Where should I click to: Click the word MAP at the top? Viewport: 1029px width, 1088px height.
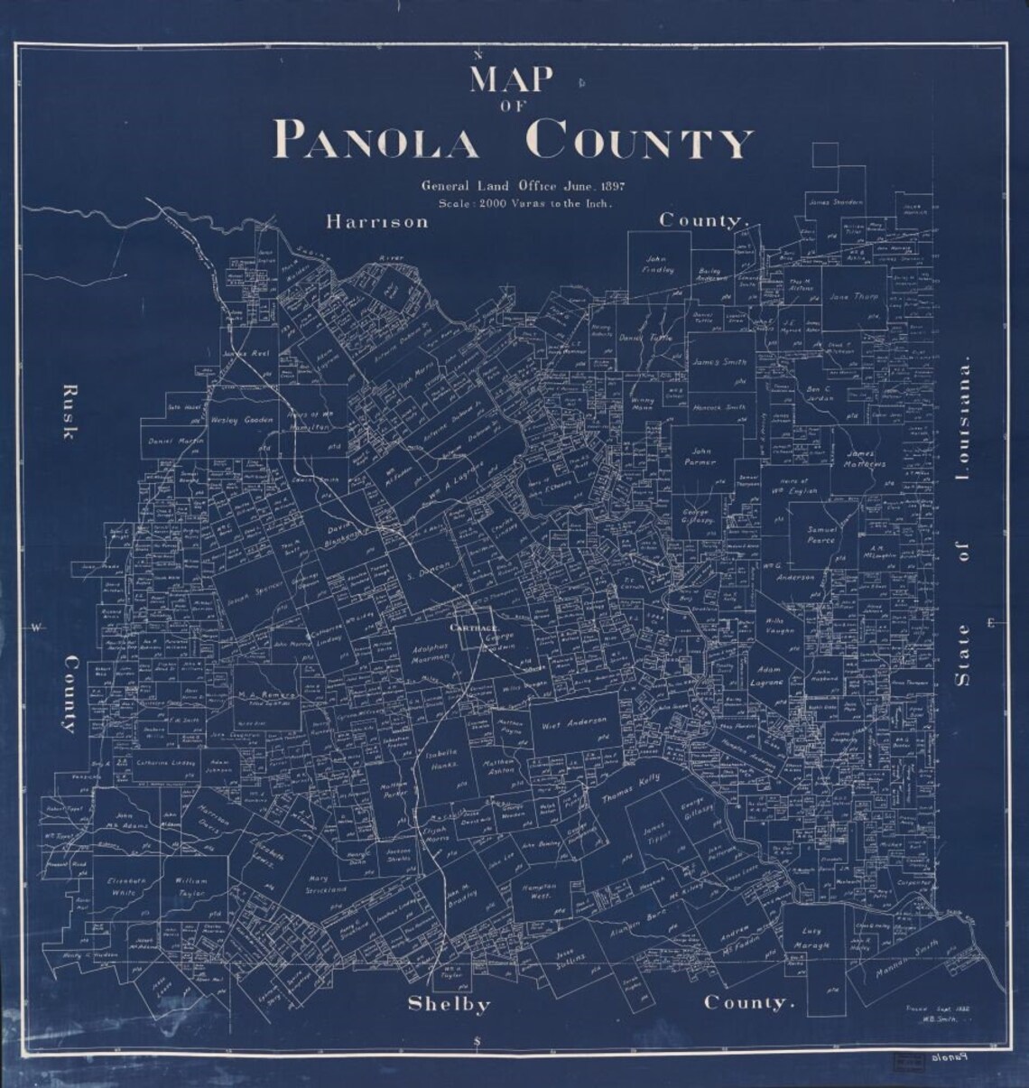coord(510,81)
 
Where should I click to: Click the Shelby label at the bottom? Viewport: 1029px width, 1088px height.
coord(448,1004)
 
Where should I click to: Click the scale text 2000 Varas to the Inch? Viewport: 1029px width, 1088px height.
coord(524,204)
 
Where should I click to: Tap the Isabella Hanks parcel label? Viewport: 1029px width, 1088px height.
coord(444,758)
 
